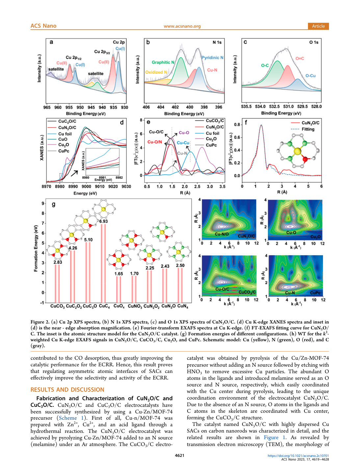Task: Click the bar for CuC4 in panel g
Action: [x=103, y=263]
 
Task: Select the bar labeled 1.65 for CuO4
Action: [x=119, y=289]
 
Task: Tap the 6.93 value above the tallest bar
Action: [x=103, y=221]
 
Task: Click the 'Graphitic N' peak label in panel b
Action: [x=163, y=62]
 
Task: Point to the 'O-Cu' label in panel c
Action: [x=310, y=76]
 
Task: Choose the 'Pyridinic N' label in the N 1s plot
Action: [x=212, y=58]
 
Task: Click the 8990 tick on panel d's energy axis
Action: [x=73, y=186]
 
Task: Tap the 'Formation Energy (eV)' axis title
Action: [x=36, y=248]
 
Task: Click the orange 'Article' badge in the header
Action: [x=318, y=26]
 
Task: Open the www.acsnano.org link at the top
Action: [x=182, y=26]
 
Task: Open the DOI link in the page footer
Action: [x=298, y=456]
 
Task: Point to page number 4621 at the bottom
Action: [x=180, y=456]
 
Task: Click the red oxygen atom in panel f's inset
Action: [x=305, y=160]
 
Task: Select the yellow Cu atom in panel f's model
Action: [x=297, y=151]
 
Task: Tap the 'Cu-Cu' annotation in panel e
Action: [x=183, y=143]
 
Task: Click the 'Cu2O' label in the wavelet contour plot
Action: [x=316, y=237]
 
